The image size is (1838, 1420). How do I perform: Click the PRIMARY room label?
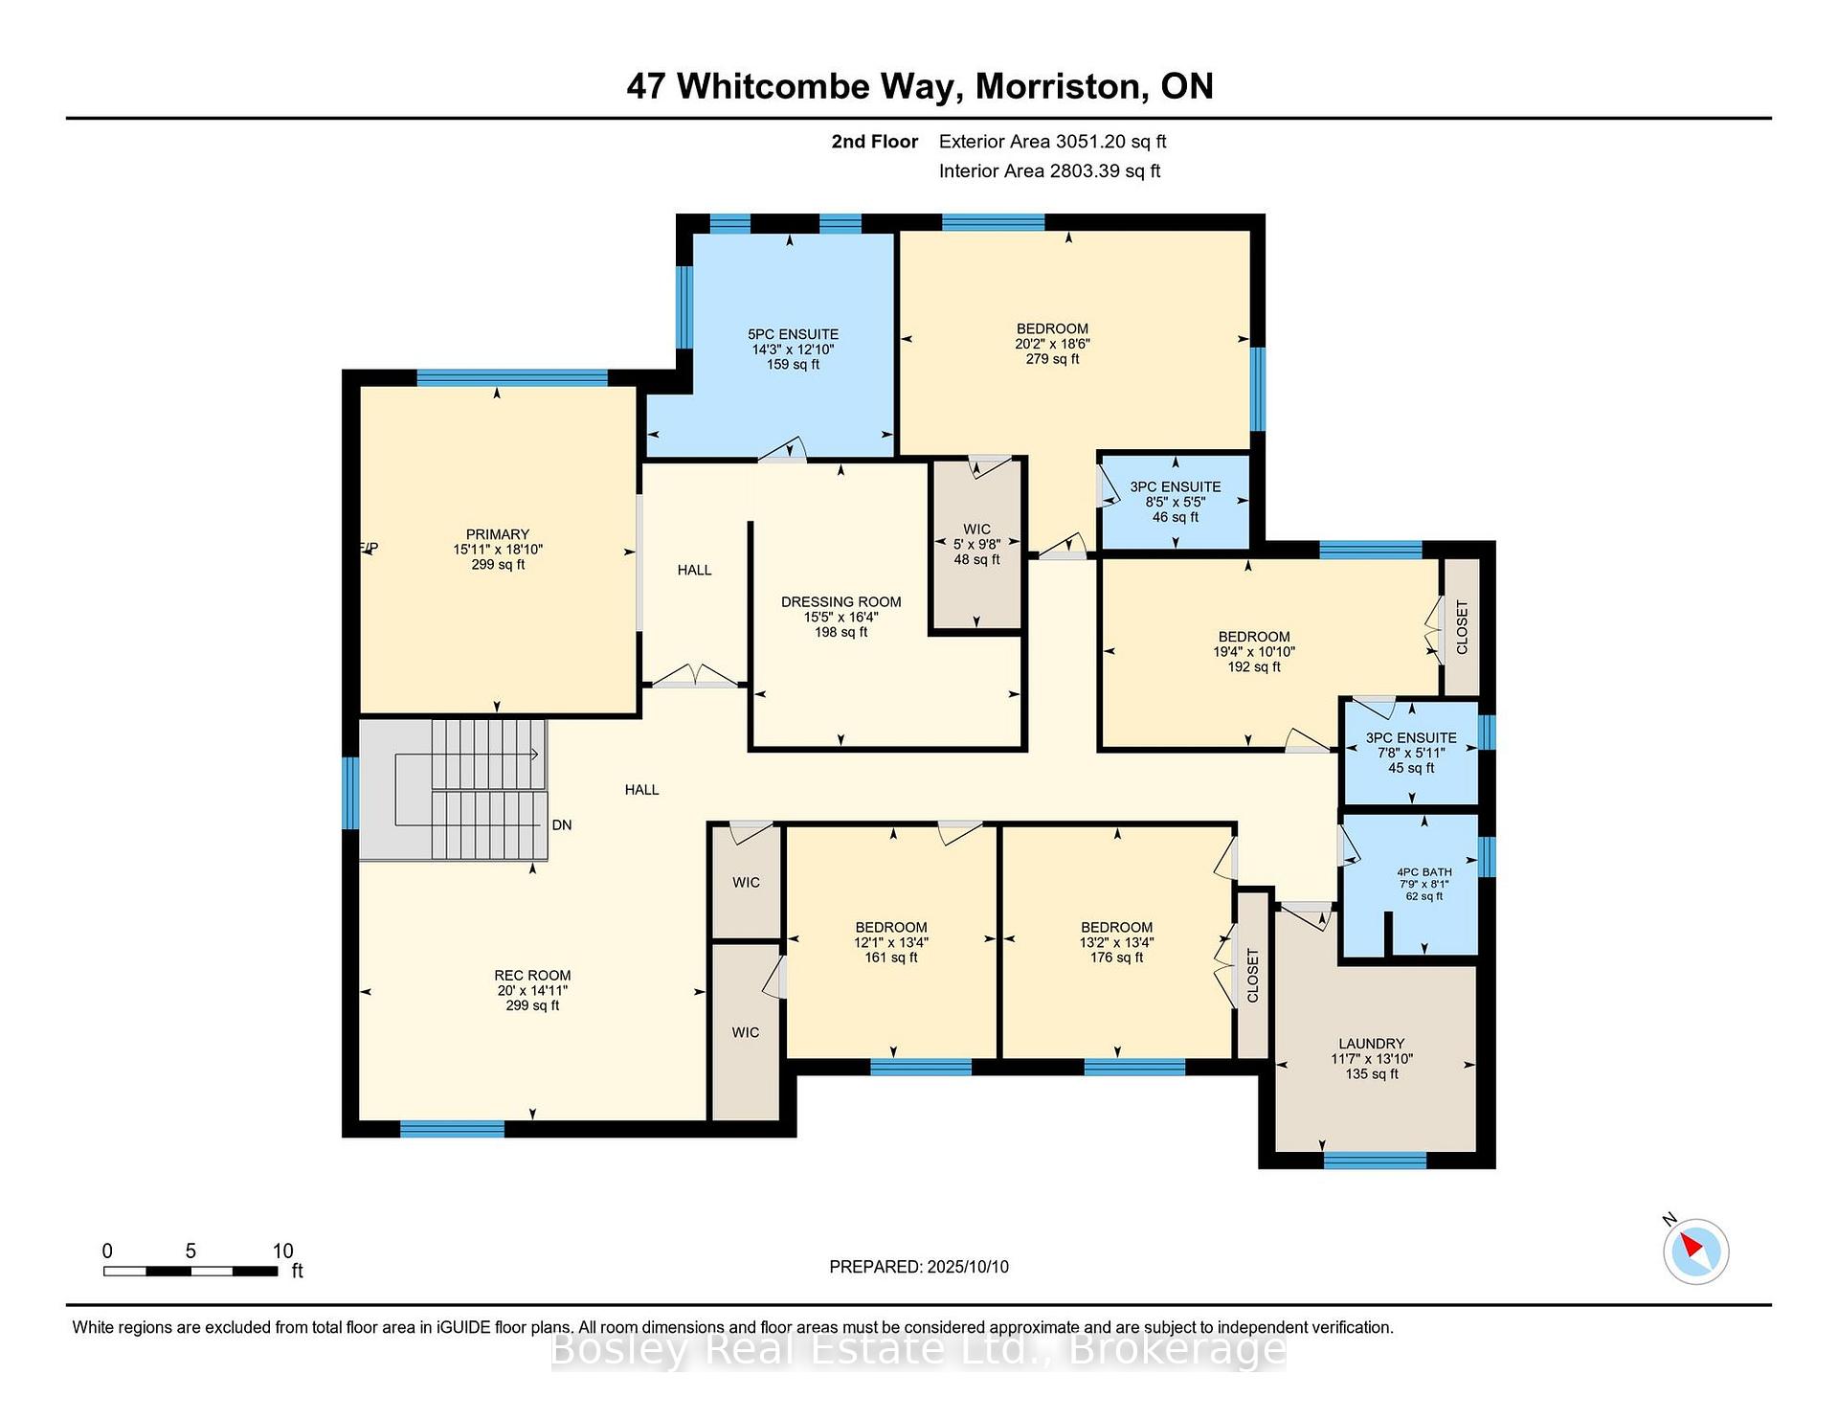(498, 534)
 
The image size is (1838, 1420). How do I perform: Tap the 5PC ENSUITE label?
(793, 334)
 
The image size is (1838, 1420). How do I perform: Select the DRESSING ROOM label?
(841, 602)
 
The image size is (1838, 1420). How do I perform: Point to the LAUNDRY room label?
(1372, 1044)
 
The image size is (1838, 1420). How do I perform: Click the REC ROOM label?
(532, 976)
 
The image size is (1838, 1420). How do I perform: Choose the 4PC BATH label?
(1424, 872)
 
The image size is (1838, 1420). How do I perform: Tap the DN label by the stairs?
(562, 825)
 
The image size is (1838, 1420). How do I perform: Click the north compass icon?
(1695, 1251)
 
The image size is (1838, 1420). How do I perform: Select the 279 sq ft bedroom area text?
(1052, 359)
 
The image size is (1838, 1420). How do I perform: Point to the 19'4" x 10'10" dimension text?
(1254, 652)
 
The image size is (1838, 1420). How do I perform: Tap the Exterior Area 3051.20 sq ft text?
(1053, 142)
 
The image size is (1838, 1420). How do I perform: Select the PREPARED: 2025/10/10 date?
(919, 1267)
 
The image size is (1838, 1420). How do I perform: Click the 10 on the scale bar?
(282, 1251)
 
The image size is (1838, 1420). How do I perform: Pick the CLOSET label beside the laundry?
(1253, 976)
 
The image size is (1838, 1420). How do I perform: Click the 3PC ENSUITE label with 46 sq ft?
(1176, 487)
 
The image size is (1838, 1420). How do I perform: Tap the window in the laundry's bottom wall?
(1375, 1160)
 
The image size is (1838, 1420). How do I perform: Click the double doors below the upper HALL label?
(696, 676)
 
